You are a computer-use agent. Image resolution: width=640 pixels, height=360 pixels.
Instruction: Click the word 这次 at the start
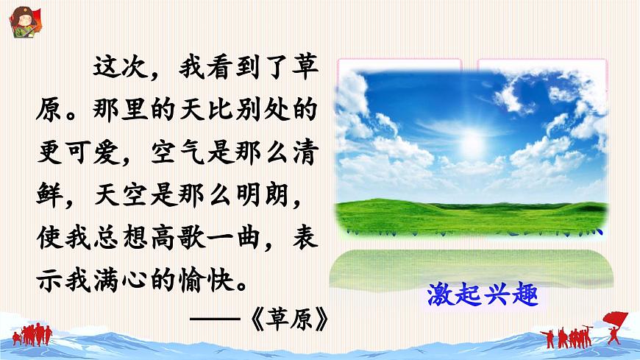pyautogui.click(x=118, y=71)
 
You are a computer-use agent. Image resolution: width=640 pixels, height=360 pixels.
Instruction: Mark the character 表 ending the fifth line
pyautogui.click(x=307, y=239)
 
